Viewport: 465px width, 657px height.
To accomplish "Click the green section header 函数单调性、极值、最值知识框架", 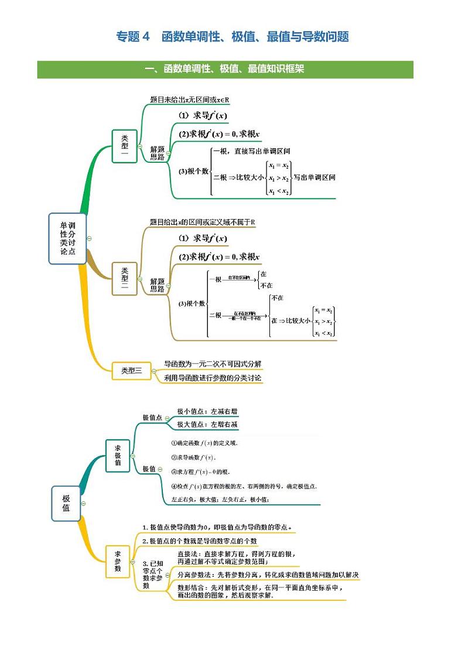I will (225, 70).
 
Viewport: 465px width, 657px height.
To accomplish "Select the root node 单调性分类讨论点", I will (67, 238).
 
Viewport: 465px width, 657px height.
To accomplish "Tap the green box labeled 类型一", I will (124, 146).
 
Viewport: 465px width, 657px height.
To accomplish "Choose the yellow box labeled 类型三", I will (131, 370).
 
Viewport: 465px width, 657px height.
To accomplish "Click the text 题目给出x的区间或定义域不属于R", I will (202, 223).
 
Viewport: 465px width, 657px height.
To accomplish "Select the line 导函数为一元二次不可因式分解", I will (213, 364).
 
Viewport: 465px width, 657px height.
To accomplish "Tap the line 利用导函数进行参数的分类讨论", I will (213, 378).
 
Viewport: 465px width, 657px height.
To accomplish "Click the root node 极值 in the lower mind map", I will (66, 503).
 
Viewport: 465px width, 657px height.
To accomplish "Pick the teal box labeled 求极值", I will (118, 455).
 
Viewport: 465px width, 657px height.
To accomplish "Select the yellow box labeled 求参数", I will (118, 560).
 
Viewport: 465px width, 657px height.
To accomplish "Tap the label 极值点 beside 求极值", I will (152, 418).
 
